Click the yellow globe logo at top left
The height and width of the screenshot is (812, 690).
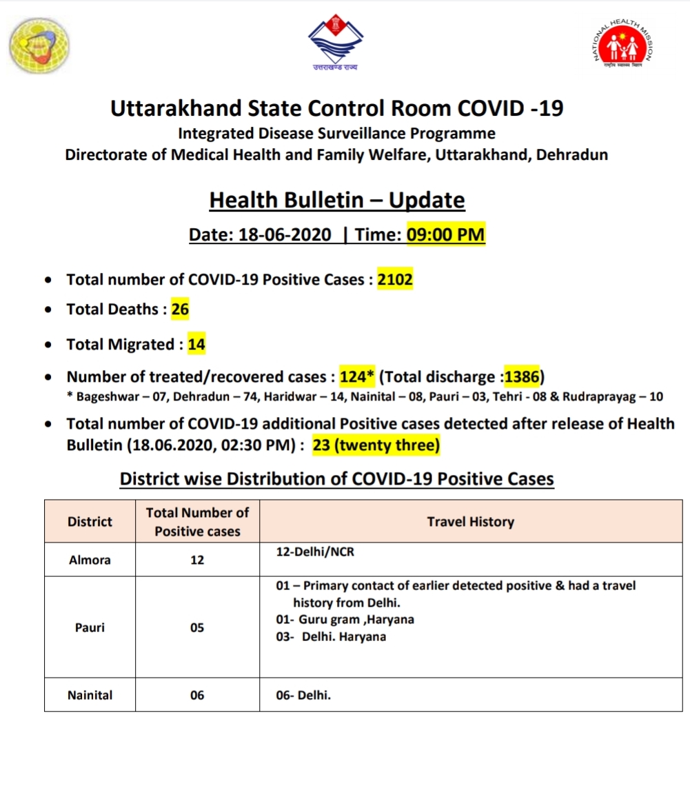click(x=39, y=46)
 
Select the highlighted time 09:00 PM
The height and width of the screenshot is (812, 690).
click(x=446, y=235)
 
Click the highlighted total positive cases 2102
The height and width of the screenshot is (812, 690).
click(x=395, y=280)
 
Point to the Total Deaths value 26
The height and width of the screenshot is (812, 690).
click(x=180, y=309)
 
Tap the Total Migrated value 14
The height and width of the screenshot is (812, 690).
click(x=196, y=344)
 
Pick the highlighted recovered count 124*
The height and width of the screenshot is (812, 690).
click(x=356, y=378)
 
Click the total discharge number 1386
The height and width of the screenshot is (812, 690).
click(x=523, y=378)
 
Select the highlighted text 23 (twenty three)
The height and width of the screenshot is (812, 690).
click(x=376, y=445)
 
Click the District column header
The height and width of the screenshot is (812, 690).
click(x=90, y=522)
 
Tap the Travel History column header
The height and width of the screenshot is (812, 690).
click(x=471, y=522)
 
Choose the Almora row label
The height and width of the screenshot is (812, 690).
click(x=90, y=560)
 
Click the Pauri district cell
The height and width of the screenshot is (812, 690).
click(x=90, y=628)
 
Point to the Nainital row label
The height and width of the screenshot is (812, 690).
click(x=90, y=696)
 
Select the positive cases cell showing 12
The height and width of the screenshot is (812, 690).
click(x=197, y=560)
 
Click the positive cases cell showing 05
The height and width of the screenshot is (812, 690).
click(x=197, y=628)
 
